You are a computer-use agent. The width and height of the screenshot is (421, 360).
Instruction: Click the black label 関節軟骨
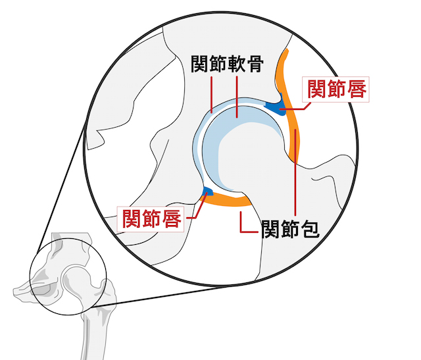click(227, 64)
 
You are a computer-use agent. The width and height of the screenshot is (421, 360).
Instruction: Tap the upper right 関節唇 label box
click(335, 90)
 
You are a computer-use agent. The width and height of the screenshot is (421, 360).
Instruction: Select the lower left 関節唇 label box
click(151, 219)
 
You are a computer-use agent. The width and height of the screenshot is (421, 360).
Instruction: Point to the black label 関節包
click(291, 230)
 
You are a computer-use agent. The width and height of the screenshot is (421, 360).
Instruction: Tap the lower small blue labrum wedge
click(208, 190)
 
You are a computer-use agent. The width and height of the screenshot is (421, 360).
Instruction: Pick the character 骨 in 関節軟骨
click(255, 64)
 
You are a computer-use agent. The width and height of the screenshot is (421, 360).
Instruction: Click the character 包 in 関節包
click(310, 230)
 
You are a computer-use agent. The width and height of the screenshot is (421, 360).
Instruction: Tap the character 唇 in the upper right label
click(357, 90)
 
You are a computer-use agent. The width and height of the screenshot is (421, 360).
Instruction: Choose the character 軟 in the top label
click(236, 64)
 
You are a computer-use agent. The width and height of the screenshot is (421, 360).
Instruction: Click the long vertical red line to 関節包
click(295, 172)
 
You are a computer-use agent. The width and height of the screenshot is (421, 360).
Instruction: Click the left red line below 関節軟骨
click(212, 95)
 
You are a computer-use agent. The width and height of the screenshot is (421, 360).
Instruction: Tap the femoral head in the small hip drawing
click(76, 280)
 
